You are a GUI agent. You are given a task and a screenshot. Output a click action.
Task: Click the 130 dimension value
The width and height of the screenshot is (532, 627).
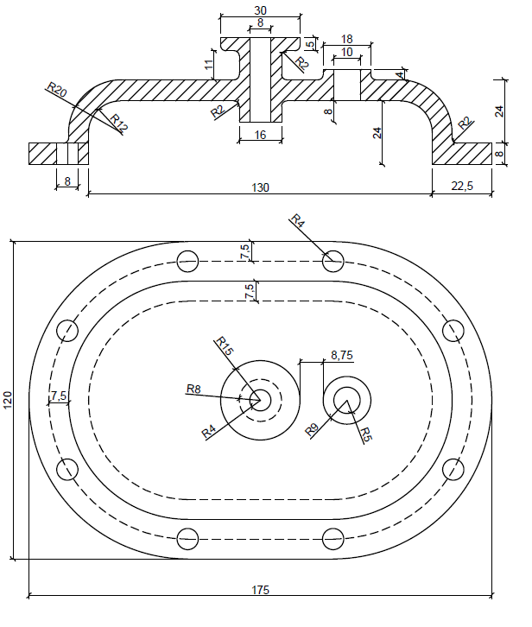260,187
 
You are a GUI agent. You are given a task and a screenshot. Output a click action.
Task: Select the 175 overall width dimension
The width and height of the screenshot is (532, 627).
262,590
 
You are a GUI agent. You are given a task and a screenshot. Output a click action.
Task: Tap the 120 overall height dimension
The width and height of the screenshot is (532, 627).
9,400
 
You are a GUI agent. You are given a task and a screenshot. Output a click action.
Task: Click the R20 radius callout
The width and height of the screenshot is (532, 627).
56,91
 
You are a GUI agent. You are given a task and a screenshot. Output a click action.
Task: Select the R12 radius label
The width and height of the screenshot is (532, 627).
118,123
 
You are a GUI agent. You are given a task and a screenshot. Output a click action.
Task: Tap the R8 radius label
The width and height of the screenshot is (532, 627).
194,389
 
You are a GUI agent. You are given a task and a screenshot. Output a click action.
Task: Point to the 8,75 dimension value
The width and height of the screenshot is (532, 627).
342,354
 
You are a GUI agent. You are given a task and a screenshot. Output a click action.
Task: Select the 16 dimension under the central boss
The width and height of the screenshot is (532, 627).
260,134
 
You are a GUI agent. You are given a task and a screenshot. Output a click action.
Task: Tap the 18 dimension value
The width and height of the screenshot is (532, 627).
346,40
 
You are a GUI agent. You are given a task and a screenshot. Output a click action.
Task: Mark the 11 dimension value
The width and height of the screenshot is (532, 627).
209,64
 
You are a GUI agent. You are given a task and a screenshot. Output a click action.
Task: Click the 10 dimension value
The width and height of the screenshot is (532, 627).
346,53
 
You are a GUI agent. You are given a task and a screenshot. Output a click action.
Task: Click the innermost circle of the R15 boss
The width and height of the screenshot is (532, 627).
260,399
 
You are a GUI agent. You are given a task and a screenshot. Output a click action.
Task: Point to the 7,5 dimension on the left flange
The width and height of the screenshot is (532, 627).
59,396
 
